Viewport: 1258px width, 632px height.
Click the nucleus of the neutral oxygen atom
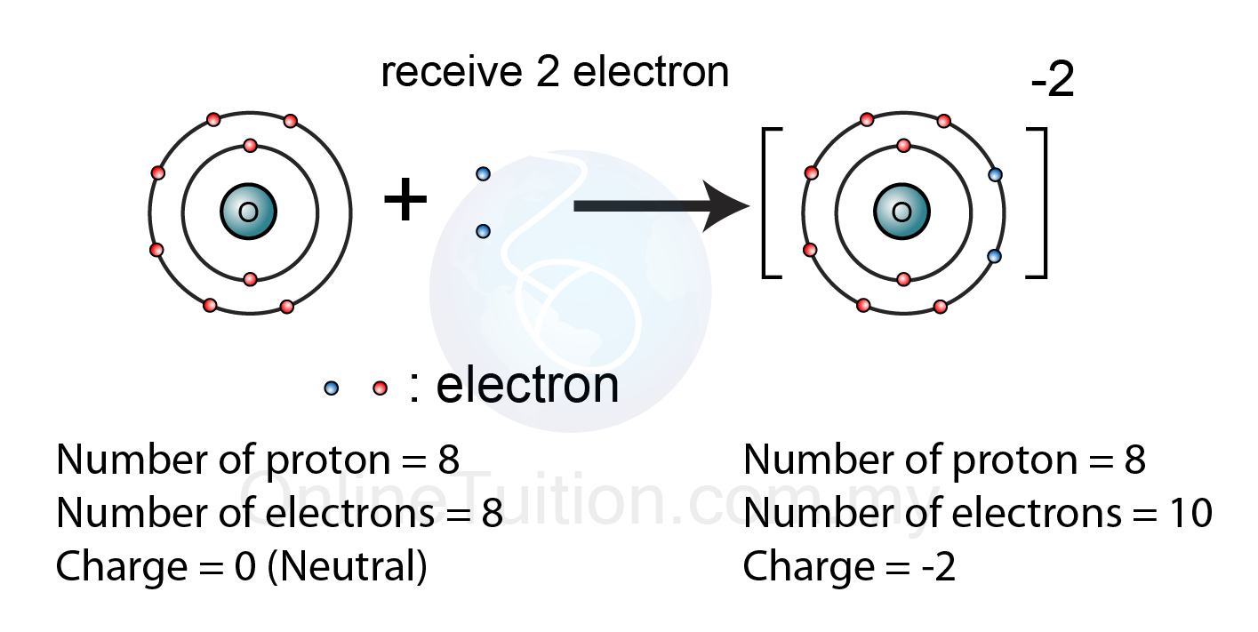pos(249,212)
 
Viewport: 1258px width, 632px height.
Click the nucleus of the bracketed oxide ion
pos(902,212)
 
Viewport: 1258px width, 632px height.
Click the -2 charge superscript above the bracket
pos(1053,82)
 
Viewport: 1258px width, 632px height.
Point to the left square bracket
pos(770,204)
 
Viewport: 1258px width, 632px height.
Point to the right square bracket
pos(1038,204)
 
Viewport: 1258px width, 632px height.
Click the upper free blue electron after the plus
pos(483,173)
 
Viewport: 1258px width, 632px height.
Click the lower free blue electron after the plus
pos(483,231)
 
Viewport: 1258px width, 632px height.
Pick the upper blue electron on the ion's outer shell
pos(995,175)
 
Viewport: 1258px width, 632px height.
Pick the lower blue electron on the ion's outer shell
pos(995,256)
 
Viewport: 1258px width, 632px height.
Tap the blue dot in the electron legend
pos(332,388)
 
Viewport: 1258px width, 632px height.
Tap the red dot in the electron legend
pos(381,388)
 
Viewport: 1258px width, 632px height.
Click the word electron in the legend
pos(527,385)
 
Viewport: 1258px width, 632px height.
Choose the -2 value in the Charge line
pos(937,567)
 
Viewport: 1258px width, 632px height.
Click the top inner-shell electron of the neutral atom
pos(250,145)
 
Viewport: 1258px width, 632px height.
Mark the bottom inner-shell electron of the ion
pos(903,279)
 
